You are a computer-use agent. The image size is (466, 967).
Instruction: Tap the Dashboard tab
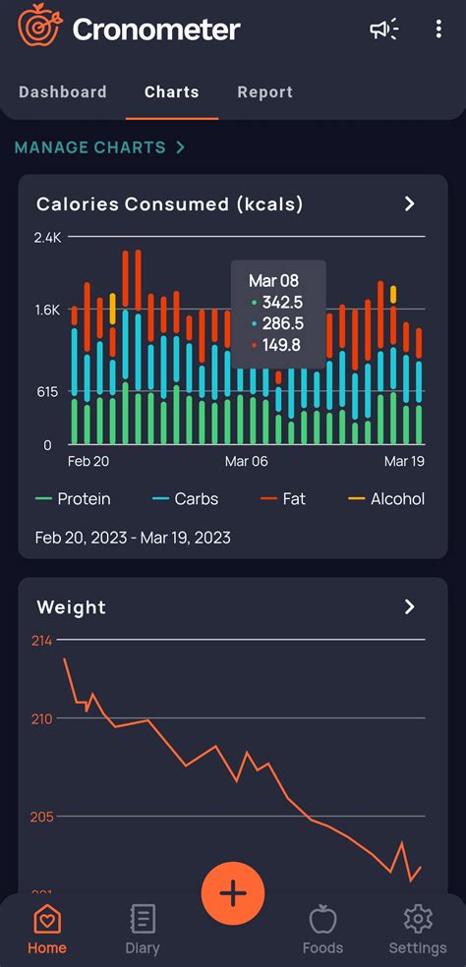tap(63, 92)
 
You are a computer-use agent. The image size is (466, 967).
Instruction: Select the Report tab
tap(264, 92)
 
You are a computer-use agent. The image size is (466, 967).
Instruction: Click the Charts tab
tap(172, 92)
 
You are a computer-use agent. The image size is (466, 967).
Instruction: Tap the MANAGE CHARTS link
tap(99, 147)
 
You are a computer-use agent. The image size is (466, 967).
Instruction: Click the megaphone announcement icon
tap(383, 29)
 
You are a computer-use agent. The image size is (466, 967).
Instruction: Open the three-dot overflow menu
tap(438, 29)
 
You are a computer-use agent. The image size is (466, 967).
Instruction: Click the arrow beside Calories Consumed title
tap(410, 203)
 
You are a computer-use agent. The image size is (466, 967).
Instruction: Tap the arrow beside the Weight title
tap(410, 606)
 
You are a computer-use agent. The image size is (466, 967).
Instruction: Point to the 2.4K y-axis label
tap(47, 238)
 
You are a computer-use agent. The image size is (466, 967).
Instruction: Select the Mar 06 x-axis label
tap(246, 461)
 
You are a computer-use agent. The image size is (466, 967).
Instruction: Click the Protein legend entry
tap(73, 499)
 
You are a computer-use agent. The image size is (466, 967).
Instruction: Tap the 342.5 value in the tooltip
tap(281, 303)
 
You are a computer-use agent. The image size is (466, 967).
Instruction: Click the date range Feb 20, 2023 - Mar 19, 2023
tap(133, 538)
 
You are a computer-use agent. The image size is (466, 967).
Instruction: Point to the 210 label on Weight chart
tap(41, 718)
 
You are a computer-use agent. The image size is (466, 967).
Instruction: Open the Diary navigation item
tap(143, 929)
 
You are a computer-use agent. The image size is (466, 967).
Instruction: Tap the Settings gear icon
tap(418, 920)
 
